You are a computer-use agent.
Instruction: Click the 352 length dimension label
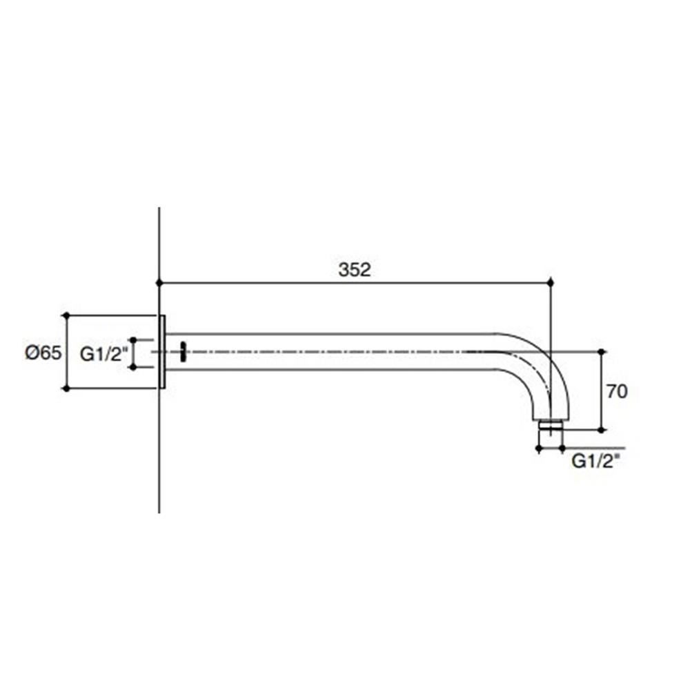tap(354, 270)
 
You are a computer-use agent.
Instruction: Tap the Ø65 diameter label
tap(43, 353)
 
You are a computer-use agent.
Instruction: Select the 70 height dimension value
tap(617, 391)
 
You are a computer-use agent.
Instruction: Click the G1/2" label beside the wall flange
tap(104, 354)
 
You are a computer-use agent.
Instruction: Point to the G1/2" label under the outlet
tap(595, 462)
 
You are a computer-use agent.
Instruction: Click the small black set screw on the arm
tap(183, 351)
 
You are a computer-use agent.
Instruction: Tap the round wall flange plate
tap(162, 352)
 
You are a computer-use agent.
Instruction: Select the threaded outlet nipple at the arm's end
tap(550, 426)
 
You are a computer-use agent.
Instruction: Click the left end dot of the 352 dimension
tap(159, 283)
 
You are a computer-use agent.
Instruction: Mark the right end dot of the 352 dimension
tap(550, 283)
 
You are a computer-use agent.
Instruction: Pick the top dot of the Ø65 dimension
tap(66, 315)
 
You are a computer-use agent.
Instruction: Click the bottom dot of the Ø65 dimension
tap(66, 388)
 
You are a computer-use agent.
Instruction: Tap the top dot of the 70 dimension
tap(603, 352)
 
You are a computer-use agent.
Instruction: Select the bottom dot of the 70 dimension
tap(603, 430)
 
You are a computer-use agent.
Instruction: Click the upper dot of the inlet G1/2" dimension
tap(133, 340)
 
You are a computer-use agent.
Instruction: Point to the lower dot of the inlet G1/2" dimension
tap(133, 366)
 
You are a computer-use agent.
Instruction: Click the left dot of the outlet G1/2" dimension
tap(538, 448)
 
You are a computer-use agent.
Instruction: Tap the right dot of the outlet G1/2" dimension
tap(562, 448)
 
